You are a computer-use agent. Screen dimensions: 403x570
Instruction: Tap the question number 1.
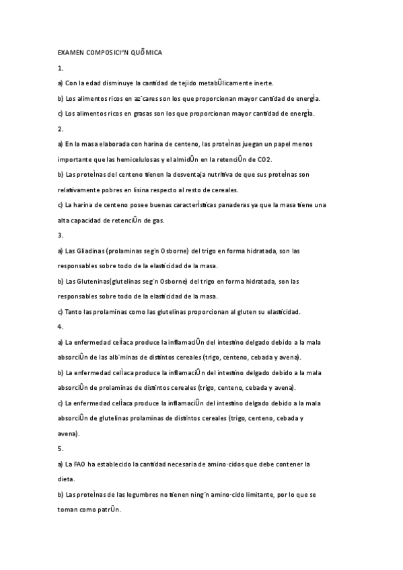(x=61, y=68)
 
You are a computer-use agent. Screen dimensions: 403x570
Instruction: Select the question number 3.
(x=61, y=235)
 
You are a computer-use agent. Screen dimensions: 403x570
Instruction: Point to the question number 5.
(x=61, y=448)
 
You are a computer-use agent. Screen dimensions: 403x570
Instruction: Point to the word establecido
(x=112, y=464)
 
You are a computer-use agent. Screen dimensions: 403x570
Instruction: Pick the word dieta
(x=66, y=479)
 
